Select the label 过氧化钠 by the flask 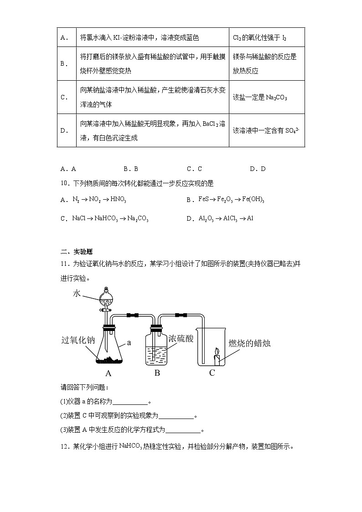78,340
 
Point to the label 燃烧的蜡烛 249,343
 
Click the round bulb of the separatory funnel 106,298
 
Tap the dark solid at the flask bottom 109,361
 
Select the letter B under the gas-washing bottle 157,373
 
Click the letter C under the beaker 212,373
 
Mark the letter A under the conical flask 109,373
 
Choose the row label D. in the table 65,130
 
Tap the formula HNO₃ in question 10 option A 119,200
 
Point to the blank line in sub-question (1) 130,403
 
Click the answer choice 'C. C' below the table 194,169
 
